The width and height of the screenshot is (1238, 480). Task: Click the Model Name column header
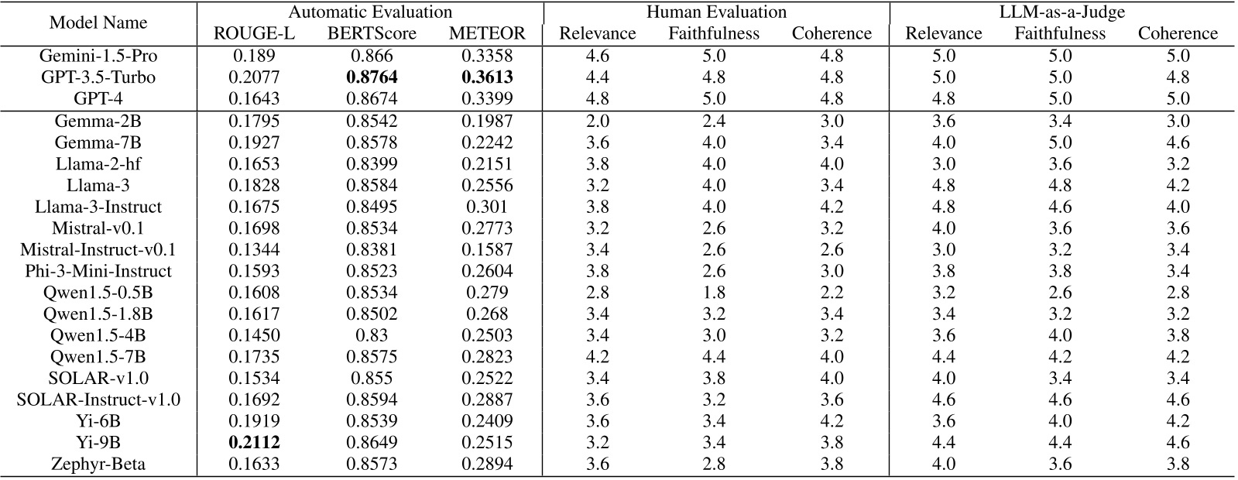pos(98,23)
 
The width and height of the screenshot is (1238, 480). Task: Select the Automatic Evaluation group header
pos(370,12)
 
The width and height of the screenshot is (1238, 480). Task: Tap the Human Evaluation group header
pos(716,12)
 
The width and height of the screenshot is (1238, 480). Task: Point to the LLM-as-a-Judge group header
pos(1061,12)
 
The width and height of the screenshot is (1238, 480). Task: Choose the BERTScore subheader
pos(372,33)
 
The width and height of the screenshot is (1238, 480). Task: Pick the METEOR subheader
pos(487,33)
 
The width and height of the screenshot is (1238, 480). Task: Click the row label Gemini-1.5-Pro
pos(98,56)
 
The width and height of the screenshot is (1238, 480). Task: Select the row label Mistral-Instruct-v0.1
pos(98,249)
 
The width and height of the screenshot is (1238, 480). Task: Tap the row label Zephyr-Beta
pos(98,465)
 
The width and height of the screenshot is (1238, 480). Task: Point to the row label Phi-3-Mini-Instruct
pos(98,271)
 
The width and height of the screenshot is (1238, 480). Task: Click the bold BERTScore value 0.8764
pos(372,77)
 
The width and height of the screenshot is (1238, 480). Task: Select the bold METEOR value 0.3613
pos(487,77)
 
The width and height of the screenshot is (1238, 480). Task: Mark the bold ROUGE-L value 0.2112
pos(254,443)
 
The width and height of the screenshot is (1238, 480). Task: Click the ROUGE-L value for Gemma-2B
pos(254,121)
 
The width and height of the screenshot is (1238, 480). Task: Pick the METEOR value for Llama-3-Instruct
pos(487,207)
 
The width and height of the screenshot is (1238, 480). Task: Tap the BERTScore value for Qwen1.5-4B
pos(372,335)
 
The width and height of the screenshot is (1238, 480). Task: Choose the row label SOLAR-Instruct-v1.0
pos(98,399)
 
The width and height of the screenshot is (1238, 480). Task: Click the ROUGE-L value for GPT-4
pos(254,99)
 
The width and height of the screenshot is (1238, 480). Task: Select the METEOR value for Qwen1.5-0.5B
pos(487,293)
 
